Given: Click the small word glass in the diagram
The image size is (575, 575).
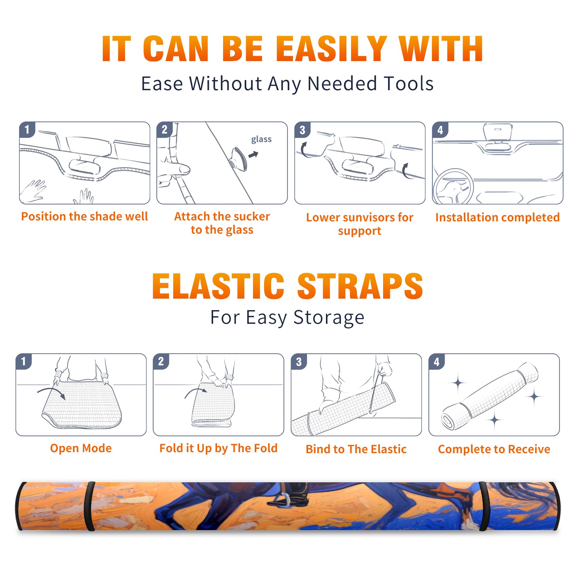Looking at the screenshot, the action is (261, 139).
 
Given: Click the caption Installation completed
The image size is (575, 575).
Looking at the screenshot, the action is (497, 217).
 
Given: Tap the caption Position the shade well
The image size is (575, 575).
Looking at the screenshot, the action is (84, 216).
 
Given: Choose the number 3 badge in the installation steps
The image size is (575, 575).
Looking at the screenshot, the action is (302, 130).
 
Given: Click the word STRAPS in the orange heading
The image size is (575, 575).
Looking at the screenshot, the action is (360, 286).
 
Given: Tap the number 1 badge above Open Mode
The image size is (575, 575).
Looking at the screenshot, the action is (24, 362).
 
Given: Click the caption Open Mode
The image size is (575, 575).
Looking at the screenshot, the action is (81, 448).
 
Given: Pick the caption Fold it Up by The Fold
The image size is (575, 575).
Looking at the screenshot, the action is (218, 448).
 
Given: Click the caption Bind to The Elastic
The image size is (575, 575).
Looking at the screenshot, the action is (356, 449).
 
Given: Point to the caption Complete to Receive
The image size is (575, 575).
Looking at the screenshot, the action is (494, 449).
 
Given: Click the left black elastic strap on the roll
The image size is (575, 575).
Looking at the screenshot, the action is (90, 506).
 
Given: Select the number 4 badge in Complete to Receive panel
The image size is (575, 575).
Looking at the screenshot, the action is (437, 362).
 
